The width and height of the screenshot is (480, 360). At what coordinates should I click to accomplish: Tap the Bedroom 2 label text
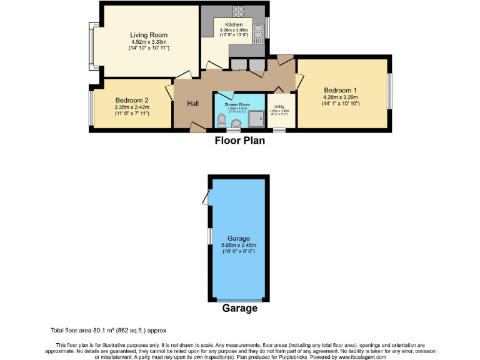[x=131, y=100]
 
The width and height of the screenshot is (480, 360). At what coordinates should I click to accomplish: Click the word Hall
[x=192, y=104]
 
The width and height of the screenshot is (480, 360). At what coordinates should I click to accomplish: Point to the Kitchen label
[x=225, y=25]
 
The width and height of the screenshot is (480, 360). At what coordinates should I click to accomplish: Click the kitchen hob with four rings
[x=239, y=11]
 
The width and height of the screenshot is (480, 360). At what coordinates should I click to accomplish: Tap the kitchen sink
[x=256, y=32]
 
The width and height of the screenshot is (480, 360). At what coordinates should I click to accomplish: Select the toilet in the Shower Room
[x=221, y=119]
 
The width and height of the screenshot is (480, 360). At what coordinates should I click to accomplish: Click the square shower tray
[x=256, y=118]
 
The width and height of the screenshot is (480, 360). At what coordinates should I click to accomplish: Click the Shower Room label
[x=237, y=104]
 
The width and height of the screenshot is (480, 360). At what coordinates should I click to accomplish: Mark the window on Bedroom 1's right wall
[x=389, y=92]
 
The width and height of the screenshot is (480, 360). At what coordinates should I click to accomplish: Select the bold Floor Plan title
[x=239, y=141]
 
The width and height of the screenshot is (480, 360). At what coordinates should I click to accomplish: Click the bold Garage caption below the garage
[x=239, y=309]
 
